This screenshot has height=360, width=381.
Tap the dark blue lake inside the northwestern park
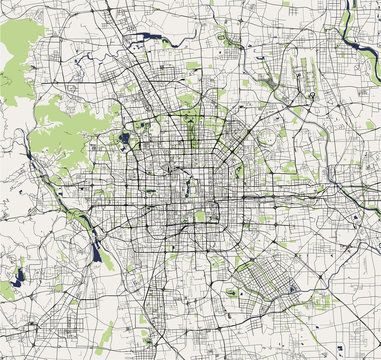coord(123,138)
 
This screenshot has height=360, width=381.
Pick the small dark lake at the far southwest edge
coord(20,271)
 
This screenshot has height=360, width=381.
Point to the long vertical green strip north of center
coord(190,129)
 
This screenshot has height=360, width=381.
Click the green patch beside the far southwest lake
coord(8,289)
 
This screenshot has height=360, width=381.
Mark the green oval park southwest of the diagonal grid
coord(232,293)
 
